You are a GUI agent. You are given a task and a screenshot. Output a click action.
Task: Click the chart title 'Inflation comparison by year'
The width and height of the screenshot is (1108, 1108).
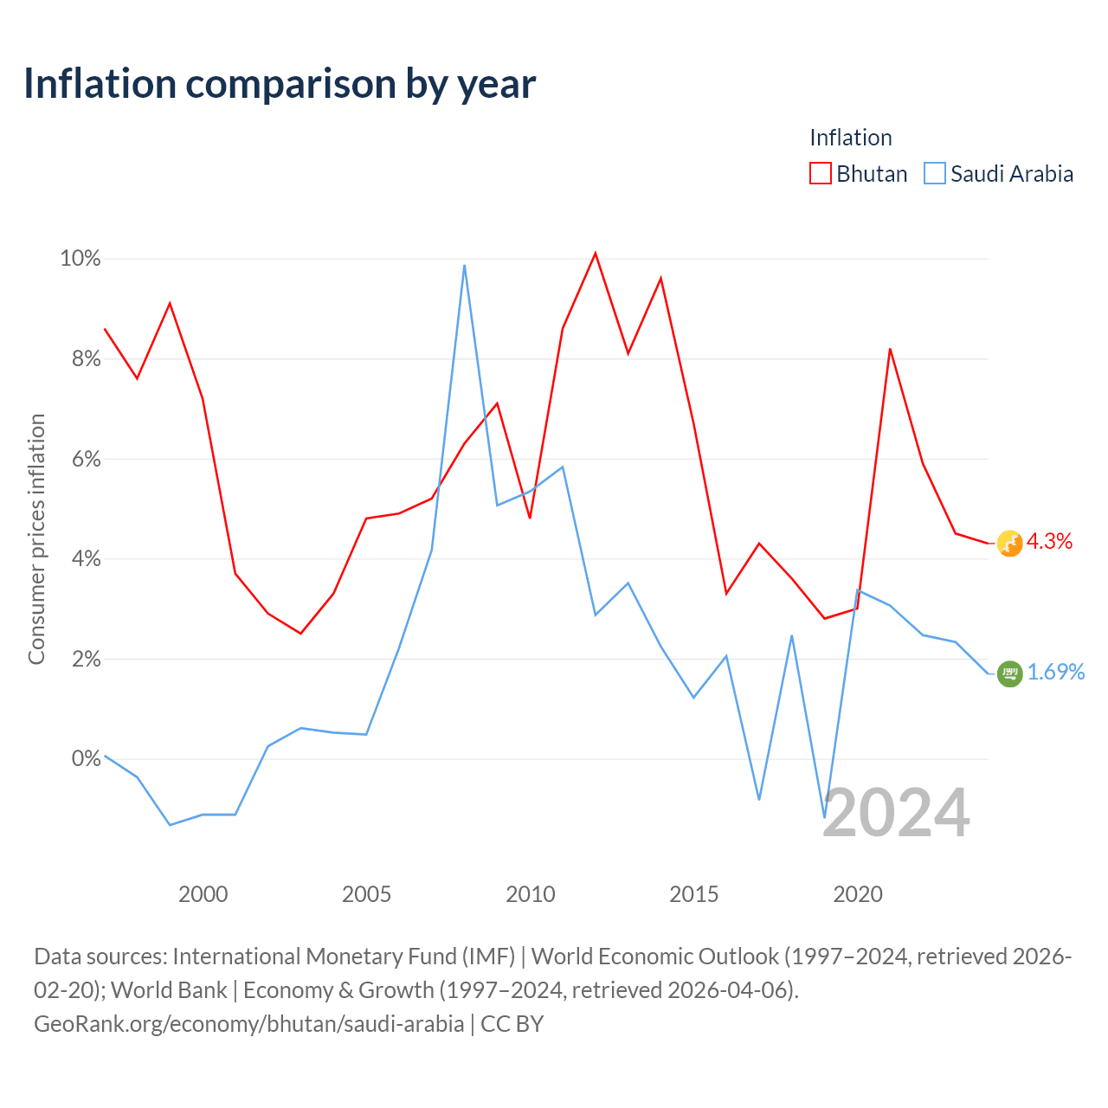pyautogui.click(x=280, y=85)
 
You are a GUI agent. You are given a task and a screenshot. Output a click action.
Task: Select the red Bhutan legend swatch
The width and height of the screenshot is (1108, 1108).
pyautogui.click(x=820, y=173)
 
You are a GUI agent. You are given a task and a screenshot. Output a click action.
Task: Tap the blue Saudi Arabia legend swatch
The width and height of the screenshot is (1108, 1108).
pyautogui.click(x=934, y=173)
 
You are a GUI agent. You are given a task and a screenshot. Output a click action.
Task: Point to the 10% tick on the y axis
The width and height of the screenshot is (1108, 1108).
pyautogui.click(x=81, y=259)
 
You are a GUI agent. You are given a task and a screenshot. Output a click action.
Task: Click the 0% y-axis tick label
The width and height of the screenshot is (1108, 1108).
pyautogui.click(x=87, y=758)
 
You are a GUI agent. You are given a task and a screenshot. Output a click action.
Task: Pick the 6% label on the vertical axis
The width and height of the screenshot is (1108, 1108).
pyautogui.click(x=87, y=459)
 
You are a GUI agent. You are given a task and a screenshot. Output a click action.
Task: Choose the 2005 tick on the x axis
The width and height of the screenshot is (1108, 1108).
pyautogui.click(x=366, y=894)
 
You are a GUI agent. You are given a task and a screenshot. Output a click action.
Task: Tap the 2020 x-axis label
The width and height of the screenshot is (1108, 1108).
pyautogui.click(x=858, y=894)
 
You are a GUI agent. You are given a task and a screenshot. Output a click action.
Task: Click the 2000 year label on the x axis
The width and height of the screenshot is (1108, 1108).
pyautogui.click(x=203, y=894)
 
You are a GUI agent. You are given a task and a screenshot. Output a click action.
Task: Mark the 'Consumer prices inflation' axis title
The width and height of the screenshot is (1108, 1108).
pyautogui.click(x=36, y=539)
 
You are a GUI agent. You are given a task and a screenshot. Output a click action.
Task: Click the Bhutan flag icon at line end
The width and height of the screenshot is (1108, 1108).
pyautogui.click(x=1009, y=544)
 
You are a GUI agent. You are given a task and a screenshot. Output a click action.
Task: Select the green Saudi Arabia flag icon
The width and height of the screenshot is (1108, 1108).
pyautogui.click(x=1009, y=673)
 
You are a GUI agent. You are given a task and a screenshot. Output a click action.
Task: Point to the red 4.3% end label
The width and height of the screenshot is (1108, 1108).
pyautogui.click(x=1049, y=541)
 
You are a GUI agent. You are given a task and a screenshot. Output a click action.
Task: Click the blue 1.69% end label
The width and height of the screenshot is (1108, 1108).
pyautogui.click(x=1056, y=672)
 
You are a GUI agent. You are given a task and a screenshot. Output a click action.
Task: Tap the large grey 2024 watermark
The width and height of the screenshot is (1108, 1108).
pyautogui.click(x=897, y=813)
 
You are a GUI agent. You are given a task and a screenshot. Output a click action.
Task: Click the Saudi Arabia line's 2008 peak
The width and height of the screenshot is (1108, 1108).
pyautogui.click(x=464, y=265)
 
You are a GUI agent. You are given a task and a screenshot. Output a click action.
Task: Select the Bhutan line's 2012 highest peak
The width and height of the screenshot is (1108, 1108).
pyautogui.click(x=595, y=253)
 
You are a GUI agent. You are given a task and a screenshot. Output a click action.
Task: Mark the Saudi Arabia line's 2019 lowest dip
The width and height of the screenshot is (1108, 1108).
pyautogui.click(x=825, y=817)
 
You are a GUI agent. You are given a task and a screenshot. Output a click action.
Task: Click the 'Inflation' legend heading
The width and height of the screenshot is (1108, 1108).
pyautogui.click(x=850, y=138)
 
